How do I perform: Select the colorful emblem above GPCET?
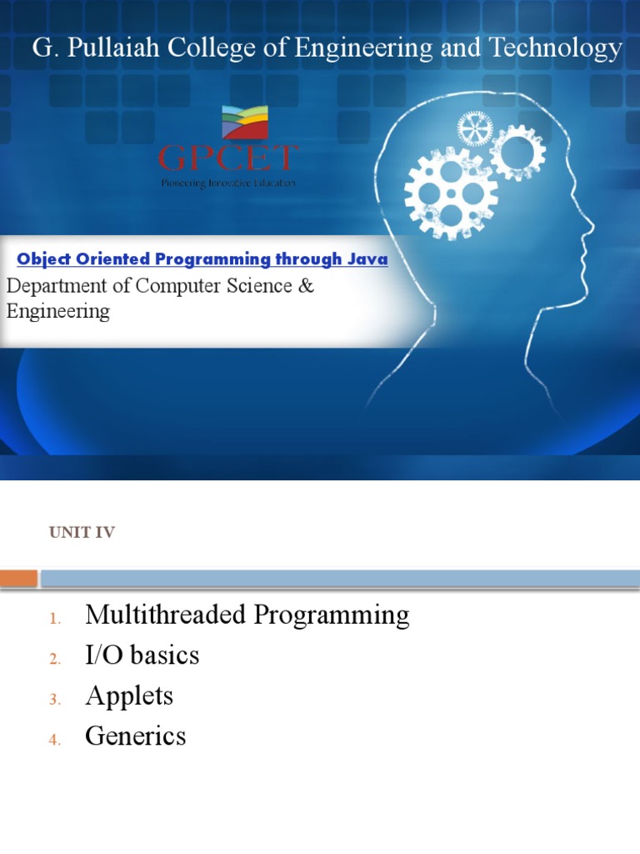[x=244, y=123]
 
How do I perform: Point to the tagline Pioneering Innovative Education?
[x=228, y=183]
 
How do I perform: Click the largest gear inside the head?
[x=450, y=193]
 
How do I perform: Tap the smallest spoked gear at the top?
[x=475, y=129]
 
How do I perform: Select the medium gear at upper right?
[x=517, y=153]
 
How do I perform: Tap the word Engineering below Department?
[x=58, y=312]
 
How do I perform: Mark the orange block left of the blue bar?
[x=18, y=578]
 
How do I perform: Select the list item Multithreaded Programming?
[x=247, y=615]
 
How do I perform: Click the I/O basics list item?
[x=142, y=656]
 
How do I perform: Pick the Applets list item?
[x=129, y=696]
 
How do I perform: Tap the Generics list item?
[x=135, y=736]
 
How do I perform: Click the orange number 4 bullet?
[x=55, y=740]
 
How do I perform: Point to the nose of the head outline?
[x=590, y=224]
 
